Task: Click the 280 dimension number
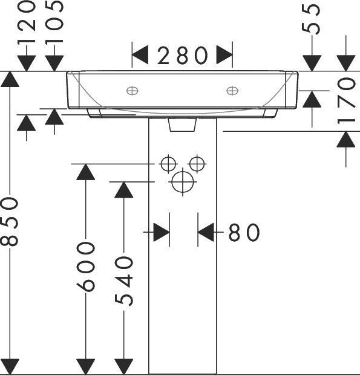182,56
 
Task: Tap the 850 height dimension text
10,222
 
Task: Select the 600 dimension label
86,267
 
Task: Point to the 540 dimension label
124,281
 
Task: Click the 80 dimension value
244,232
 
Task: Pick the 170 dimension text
346,100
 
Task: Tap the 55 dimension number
311,19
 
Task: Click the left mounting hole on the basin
133,91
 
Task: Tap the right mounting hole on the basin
232,91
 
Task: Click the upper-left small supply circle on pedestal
168,164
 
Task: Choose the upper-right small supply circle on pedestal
197,164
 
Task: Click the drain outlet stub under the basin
182,125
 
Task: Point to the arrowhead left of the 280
140,55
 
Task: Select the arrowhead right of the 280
224,55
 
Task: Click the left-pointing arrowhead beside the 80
206,232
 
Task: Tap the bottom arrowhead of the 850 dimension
10,366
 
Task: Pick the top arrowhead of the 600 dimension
86,172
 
